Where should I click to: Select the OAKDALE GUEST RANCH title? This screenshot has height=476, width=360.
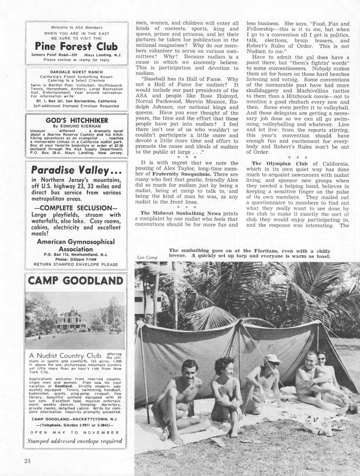click(76, 70)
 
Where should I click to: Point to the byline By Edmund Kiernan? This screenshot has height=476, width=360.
click(76, 126)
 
